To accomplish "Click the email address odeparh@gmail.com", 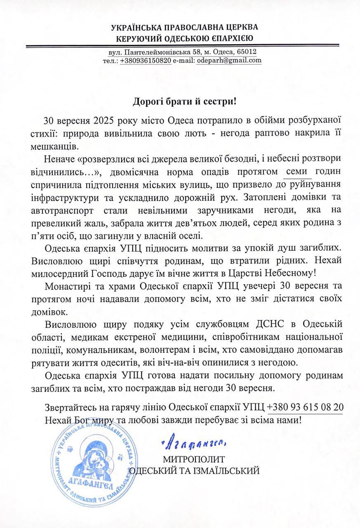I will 235,60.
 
